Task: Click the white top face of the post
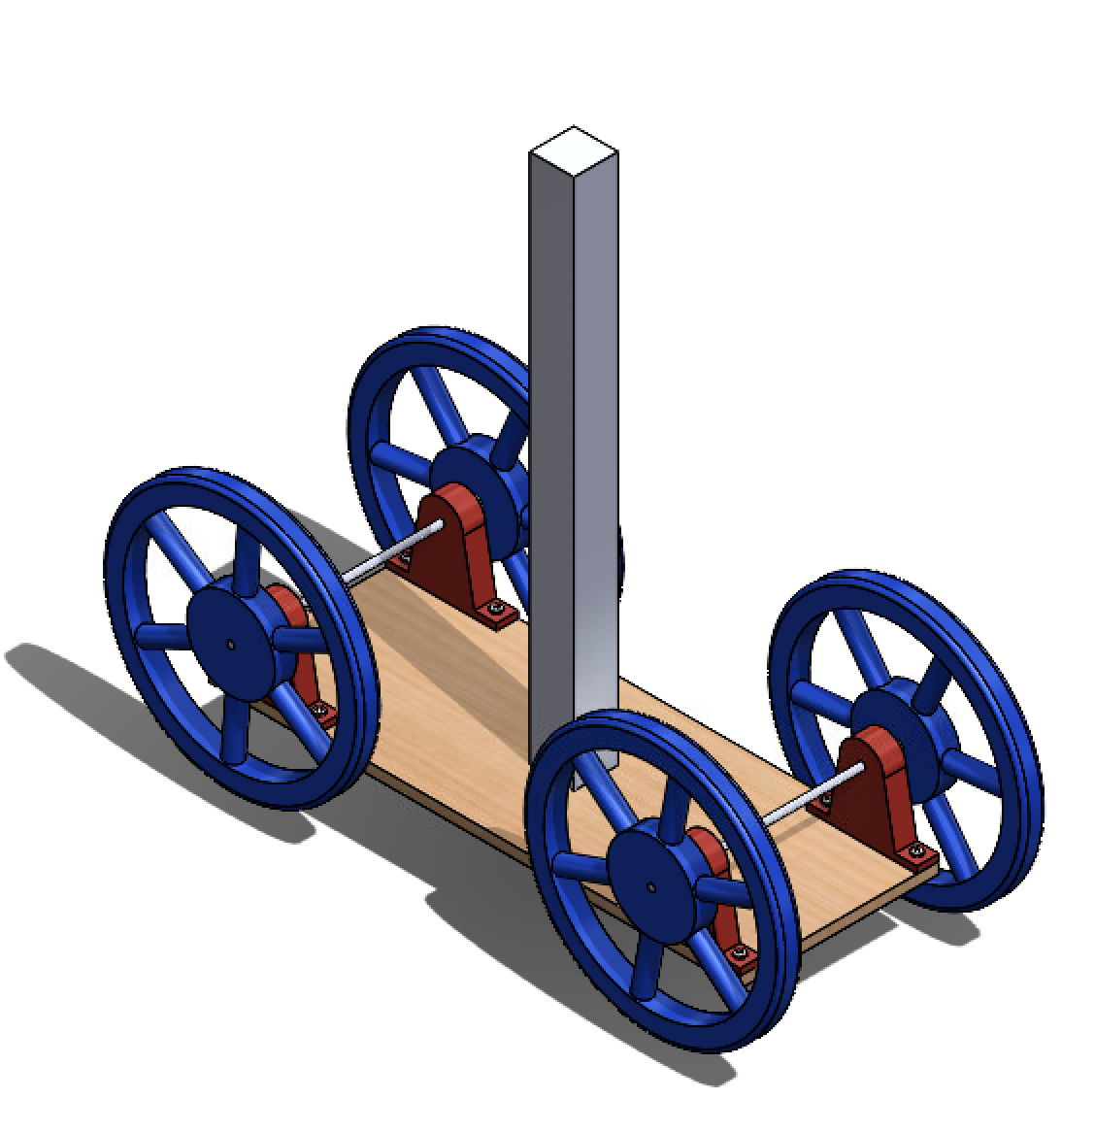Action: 574,150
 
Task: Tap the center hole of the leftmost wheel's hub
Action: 231,642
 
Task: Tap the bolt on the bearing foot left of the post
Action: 498,611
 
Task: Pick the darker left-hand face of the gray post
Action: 551,437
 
